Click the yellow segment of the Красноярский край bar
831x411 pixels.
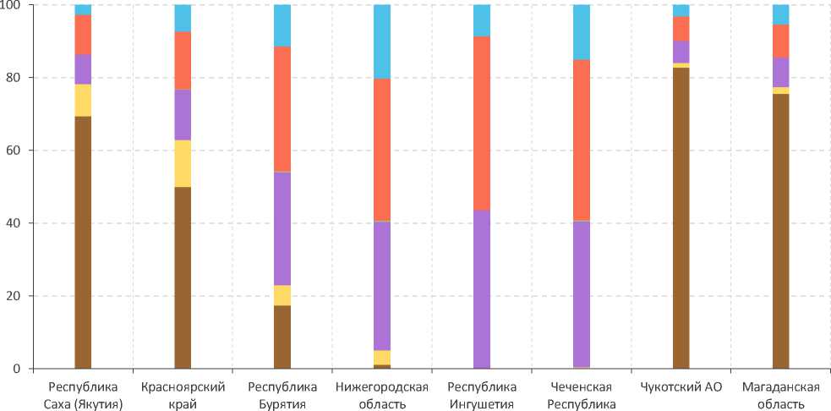[183, 163]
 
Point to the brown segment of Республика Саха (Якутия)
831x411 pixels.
[83, 243]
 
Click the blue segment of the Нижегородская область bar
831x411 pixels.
[382, 41]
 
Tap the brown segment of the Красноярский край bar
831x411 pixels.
[183, 277]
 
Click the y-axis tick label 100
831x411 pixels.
[15, 6]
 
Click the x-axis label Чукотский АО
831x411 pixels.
[681, 387]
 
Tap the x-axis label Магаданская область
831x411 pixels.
[780, 395]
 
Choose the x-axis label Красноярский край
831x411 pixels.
[183, 395]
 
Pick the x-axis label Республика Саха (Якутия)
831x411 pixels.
[83, 395]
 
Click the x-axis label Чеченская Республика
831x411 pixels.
[582, 395]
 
